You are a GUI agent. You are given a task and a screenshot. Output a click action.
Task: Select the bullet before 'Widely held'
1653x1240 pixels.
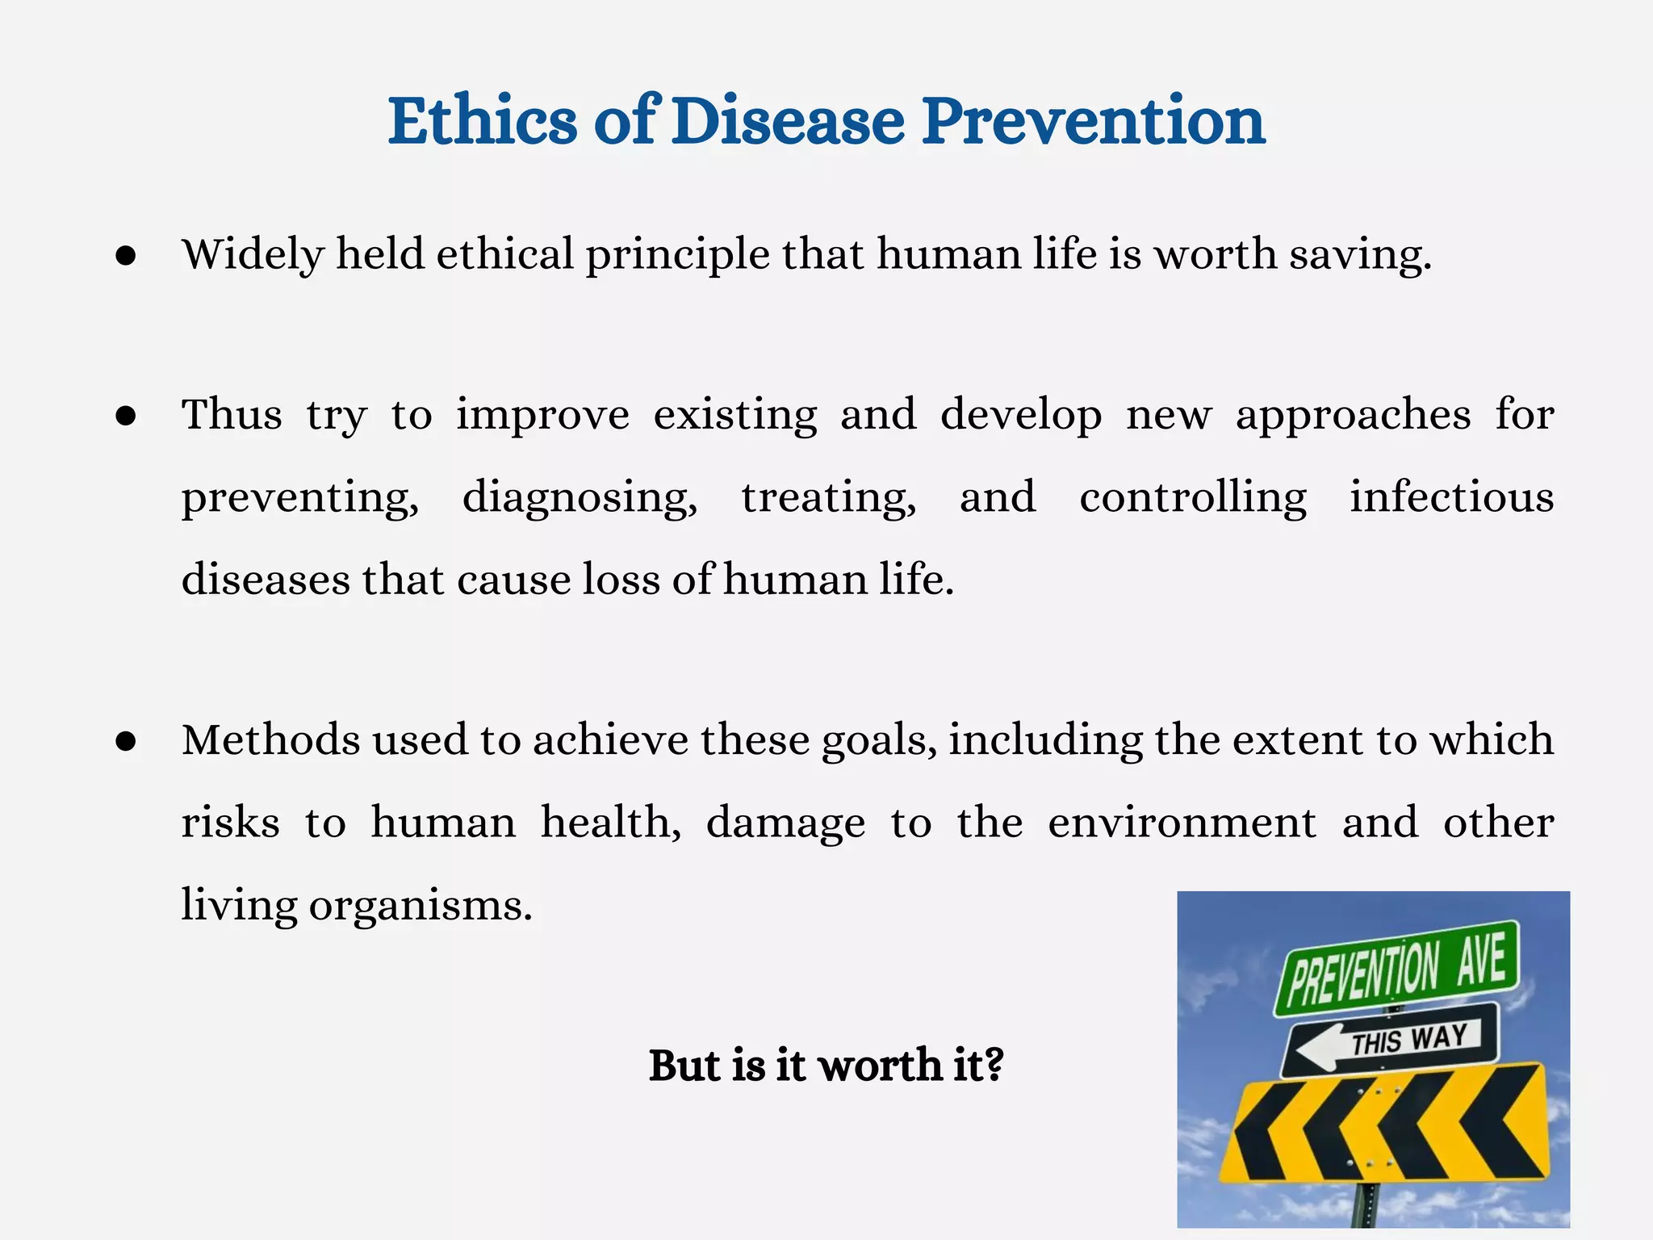click(x=125, y=256)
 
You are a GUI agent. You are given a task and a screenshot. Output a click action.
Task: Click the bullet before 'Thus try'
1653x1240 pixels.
click(x=125, y=416)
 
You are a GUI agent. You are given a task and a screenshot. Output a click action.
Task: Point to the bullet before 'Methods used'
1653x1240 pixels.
click(x=125, y=741)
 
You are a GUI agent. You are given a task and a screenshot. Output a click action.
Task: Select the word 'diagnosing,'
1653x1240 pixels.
click(x=580, y=497)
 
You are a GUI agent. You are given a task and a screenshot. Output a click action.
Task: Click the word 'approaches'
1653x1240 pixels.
click(x=1353, y=415)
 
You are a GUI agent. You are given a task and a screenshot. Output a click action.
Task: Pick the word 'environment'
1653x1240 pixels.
click(x=1182, y=823)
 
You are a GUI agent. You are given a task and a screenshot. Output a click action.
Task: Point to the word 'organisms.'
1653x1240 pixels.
click(x=421, y=906)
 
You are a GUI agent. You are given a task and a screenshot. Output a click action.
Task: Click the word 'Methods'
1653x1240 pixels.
click(x=271, y=739)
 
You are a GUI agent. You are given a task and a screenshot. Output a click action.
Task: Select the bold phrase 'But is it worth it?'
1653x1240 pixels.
click(x=826, y=1065)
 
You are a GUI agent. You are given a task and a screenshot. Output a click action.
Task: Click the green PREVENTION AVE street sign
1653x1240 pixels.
click(x=1396, y=967)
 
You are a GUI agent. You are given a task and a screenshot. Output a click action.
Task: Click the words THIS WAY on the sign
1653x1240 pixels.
click(x=1409, y=1039)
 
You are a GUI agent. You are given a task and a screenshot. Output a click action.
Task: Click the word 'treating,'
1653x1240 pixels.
click(x=829, y=497)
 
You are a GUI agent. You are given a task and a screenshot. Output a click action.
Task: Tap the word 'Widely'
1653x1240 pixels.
click(x=253, y=255)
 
